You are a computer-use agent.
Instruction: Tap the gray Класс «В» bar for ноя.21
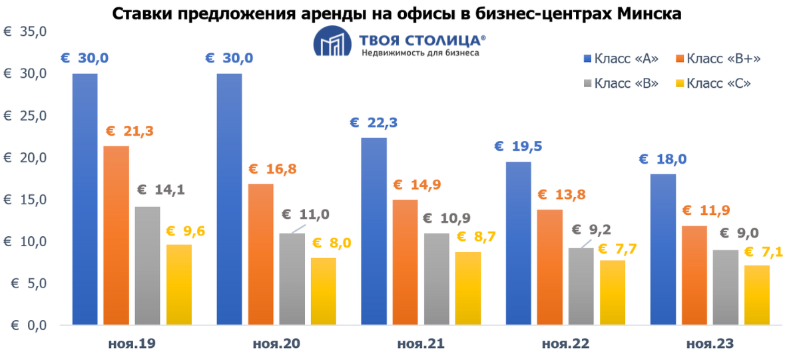click(x=436, y=279)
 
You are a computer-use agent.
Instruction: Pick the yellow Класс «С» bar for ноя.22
click(x=612, y=293)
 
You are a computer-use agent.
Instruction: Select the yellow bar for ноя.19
click(x=178, y=285)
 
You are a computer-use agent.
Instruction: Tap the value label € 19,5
click(x=520, y=147)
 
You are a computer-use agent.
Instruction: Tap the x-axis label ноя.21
click(x=421, y=344)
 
